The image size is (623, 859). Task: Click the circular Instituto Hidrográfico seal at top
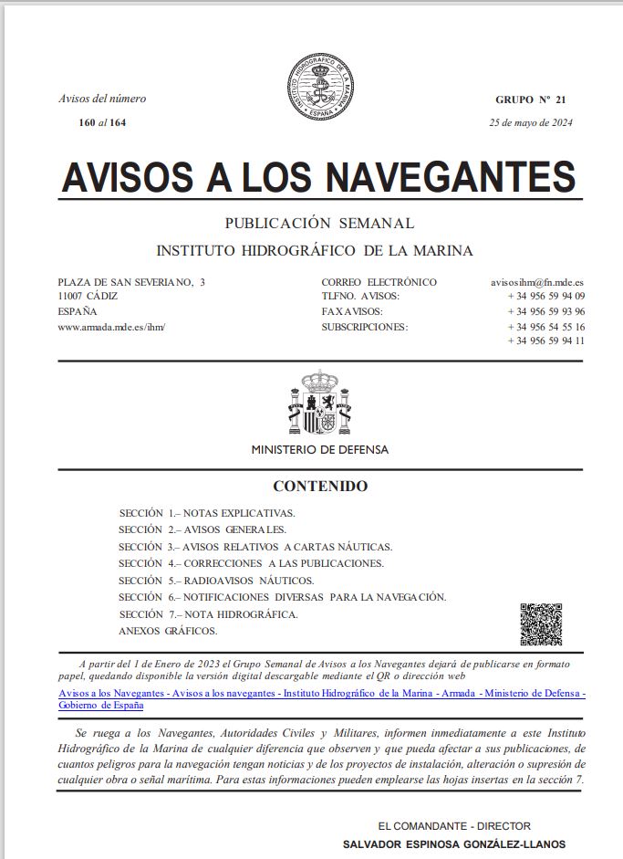point(319,89)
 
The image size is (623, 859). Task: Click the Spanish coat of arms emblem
point(319,403)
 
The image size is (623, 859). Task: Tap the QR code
point(541,624)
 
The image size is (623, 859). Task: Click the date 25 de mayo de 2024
point(531,123)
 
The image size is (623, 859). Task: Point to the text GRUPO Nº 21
point(531,99)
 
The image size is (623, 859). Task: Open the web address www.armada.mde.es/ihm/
point(111,326)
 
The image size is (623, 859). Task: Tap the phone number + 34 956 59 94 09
point(546,297)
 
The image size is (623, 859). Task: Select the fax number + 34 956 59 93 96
point(546,311)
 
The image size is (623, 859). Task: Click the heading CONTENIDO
point(320,486)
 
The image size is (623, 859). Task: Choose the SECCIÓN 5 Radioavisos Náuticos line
point(216,581)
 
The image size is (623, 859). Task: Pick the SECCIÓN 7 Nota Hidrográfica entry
point(208,614)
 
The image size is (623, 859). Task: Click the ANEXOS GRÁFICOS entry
point(168,631)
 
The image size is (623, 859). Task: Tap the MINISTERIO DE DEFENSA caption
point(319,450)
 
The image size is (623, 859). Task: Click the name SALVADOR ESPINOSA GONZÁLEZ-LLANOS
point(453,844)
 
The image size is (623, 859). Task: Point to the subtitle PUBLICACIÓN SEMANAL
point(319,223)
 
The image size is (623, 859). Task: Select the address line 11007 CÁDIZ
point(88,297)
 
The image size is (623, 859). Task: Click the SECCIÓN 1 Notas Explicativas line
point(207,513)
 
